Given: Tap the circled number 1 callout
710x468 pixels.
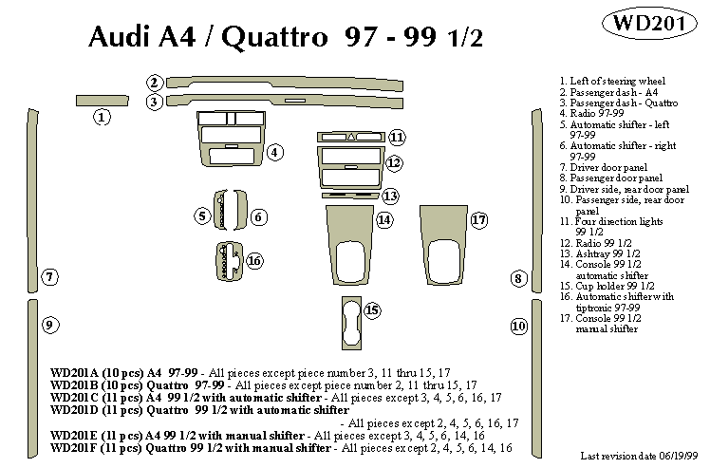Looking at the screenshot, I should click(102, 117).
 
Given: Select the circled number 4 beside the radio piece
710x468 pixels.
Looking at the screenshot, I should click(275, 152).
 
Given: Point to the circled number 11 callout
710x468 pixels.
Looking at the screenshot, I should click(397, 138).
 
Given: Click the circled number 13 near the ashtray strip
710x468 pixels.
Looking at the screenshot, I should click(390, 197).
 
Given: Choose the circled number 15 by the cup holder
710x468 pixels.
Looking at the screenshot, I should click(371, 310).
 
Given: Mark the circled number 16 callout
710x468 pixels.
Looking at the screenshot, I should click(254, 261).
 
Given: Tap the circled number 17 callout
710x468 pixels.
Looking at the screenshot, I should click(479, 220).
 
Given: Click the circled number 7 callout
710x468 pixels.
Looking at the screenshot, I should click(50, 277).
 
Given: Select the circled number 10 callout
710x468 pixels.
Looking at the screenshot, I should click(518, 326).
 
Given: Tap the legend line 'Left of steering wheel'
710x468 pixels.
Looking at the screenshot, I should click(618, 82).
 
